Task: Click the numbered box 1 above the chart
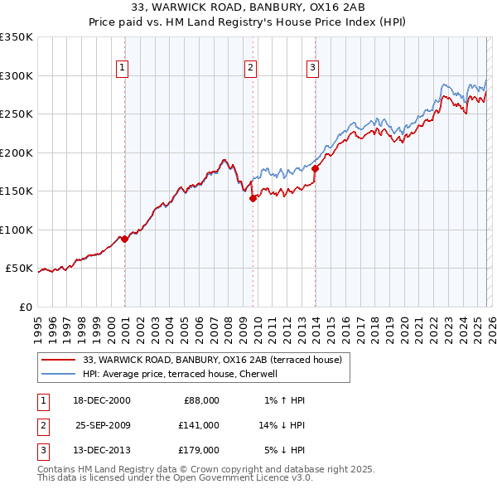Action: coord(122,68)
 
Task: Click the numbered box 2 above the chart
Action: coord(250,68)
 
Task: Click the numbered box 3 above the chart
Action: coord(313,68)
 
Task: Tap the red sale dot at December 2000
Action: coord(124,239)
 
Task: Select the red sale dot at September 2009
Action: coord(253,198)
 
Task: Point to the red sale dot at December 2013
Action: coord(315,169)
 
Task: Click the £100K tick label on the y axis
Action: coord(17,230)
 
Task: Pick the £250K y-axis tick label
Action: coord(17,114)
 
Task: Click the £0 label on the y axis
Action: coord(25,307)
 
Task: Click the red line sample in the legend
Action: coord(59,360)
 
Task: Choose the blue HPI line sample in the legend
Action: coord(59,374)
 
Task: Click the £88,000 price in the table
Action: coord(199,400)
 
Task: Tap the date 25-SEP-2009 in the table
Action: coord(103,425)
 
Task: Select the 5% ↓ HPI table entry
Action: coord(284,450)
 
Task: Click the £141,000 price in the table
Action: coord(199,425)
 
